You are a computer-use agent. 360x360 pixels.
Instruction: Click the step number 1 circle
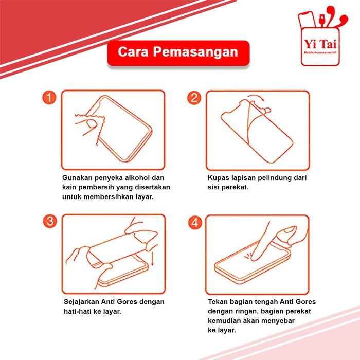[49, 98]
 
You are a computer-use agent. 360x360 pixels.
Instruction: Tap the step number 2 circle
[194, 98]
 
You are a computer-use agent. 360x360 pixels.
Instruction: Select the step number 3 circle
[50, 221]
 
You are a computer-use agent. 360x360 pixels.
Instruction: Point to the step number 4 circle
[195, 222]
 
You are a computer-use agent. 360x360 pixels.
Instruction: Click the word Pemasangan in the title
[195, 52]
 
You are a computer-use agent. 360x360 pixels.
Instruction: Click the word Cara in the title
[133, 52]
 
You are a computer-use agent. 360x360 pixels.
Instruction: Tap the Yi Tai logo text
[320, 44]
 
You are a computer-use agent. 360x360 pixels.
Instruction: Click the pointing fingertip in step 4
[254, 258]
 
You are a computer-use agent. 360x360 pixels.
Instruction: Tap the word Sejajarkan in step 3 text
[81, 302]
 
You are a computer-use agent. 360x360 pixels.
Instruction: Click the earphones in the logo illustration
[337, 17]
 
